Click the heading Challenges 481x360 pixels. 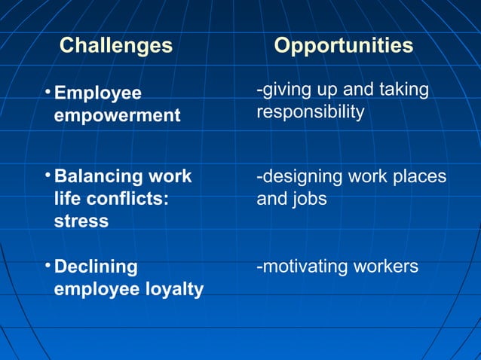(116, 46)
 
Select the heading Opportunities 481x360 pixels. (343, 46)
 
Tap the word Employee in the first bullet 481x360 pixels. (98, 94)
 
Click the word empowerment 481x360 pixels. (118, 116)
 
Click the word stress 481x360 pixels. (81, 221)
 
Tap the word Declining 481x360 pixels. (96, 267)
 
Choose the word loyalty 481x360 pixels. (174, 290)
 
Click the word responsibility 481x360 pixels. (310, 112)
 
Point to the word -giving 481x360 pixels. (282, 90)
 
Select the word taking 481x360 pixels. (404, 90)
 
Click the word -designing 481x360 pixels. (299, 177)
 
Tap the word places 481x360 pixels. (418, 177)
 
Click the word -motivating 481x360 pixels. (299, 267)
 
